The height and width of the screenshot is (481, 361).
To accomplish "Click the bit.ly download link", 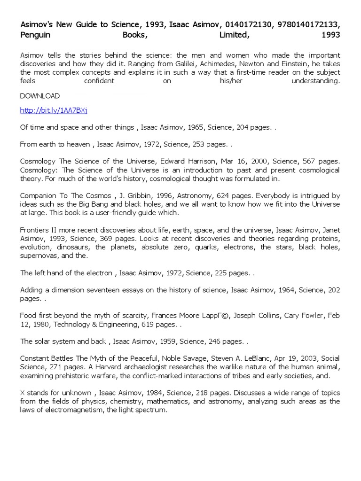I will (54, 110).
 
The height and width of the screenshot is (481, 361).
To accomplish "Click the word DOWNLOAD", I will (40, 96).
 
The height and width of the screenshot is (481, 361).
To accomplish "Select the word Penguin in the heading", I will (35, 35).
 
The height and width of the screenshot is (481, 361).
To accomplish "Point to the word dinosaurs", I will (75, 247).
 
